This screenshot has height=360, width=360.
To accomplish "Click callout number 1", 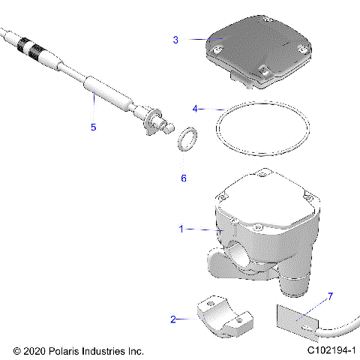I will tap(181, 229).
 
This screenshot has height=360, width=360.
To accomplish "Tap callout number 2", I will tap(173, 319).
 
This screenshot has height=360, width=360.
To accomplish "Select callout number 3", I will tap(175, 39).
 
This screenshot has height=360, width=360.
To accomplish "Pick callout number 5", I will tap(94, 127).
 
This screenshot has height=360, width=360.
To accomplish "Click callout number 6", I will tap(184, 178).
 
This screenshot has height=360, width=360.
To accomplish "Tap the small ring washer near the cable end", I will tap(188, 139).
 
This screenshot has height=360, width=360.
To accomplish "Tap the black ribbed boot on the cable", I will tap(31, 47).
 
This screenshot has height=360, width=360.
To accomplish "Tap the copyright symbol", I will tap(17, 350).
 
